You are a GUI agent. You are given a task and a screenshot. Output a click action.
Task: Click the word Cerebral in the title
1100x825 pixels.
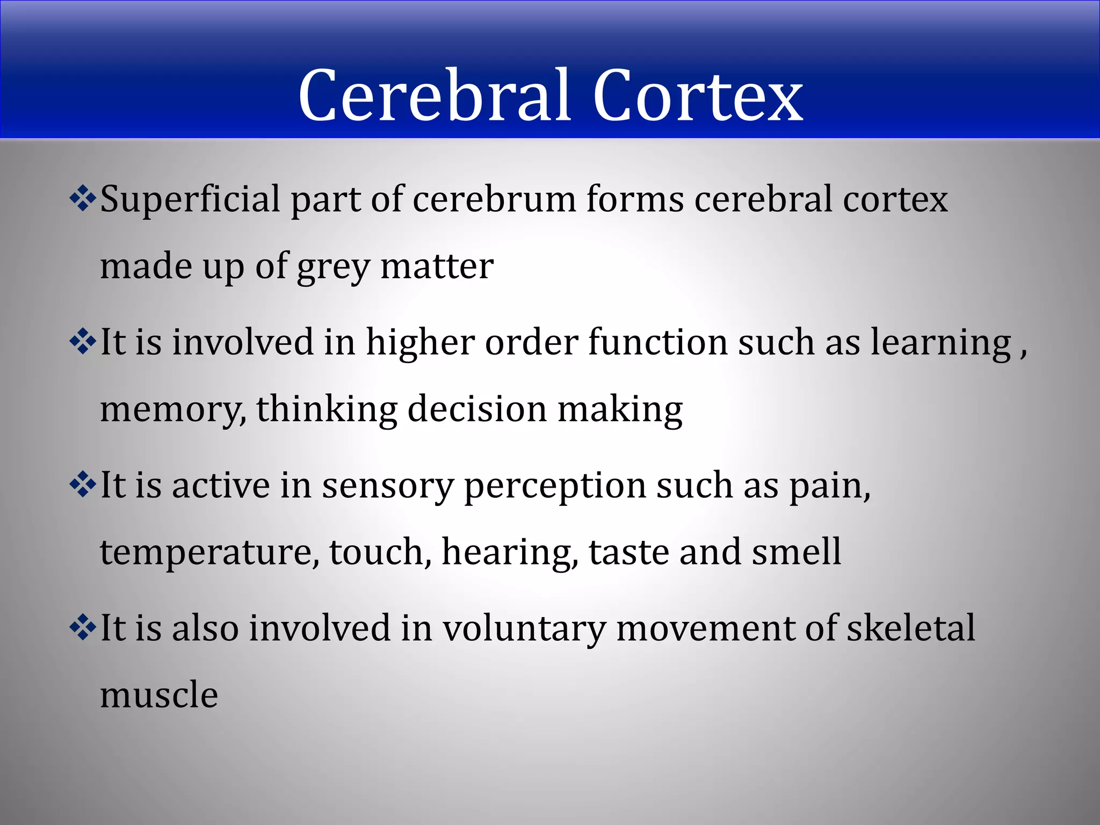[x=435, y=96]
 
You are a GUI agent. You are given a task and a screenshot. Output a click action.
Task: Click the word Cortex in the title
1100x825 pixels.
[x=698, y=96]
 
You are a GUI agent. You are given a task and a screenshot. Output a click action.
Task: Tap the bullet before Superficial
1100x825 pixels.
[x=83, y=199]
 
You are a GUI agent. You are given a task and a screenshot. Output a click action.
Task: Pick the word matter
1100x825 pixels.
[x=437, y=266]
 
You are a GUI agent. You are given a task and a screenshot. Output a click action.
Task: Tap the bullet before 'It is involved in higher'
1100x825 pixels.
[x=83, y=342]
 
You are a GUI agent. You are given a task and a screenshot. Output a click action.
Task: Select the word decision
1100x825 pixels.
[x=477, y=409]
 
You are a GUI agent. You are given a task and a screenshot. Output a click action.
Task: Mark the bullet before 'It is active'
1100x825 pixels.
[x=83, y=486]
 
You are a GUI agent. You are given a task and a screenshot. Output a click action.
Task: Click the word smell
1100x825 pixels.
[x=796, y=552]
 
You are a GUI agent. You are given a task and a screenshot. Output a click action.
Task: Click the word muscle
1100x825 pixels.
[x=159, y=695]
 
